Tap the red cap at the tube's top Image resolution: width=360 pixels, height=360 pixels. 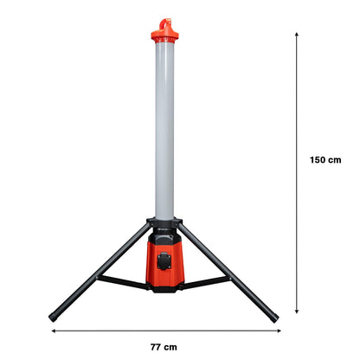coord(164,35)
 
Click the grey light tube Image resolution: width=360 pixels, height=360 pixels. coord(164,130)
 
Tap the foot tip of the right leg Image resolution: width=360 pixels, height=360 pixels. coord(274,318)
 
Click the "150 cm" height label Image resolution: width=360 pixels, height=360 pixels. coord(325,159)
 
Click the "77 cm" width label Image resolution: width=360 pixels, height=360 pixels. coord(163,347)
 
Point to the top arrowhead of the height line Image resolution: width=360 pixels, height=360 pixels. coord(297,35)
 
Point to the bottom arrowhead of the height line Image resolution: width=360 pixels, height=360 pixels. coord(297,311)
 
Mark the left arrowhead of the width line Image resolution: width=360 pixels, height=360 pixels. coord(52,330)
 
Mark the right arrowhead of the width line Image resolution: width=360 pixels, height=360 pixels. coord(276,330)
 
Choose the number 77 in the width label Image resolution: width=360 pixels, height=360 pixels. coord(156,347)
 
